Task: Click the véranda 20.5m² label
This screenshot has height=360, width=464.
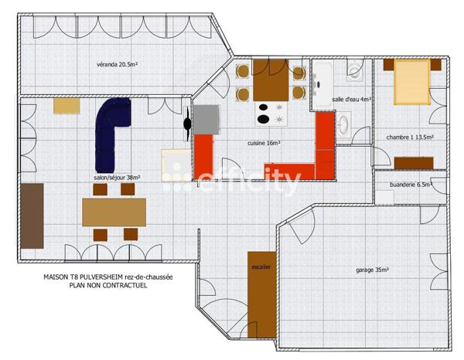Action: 117,65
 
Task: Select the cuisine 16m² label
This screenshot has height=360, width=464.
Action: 264,143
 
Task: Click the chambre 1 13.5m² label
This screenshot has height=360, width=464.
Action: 410,138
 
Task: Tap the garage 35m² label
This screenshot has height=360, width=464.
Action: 372,270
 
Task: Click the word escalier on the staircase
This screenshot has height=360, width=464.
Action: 261,267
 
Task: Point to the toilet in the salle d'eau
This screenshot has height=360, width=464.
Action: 355,73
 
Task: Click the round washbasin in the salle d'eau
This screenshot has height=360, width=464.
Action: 346,123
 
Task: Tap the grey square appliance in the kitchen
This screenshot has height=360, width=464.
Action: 205,120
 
